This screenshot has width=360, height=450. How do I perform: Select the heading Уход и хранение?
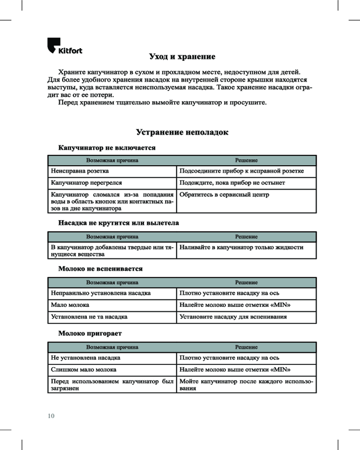pyautogui.click(x=182, y=57)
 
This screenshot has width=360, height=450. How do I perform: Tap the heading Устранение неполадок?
pyautogui.click(x=182, y=133)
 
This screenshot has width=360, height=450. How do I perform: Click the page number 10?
pyautogui.click(x=51, y=416)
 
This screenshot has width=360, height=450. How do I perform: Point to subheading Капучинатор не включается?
pyautogui.click(x=107, y=148)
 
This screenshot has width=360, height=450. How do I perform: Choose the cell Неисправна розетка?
pyautogui.click(x=80, y=171)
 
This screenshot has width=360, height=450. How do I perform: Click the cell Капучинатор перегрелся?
pyautogui.click(x=86, y=183)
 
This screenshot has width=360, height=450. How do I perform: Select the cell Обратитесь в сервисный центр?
pyautogui.click(x=224, y=195)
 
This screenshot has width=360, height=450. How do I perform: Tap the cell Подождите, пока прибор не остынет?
pyautogui.click(x=232, y=183)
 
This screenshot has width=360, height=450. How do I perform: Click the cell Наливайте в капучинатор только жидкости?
pyautogui.click(x=241, y=247)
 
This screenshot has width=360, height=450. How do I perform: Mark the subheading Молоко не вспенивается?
pyautogui.click(x=101, y=269)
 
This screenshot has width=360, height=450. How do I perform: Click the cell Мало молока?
pyautogui.click(x=70, y=305)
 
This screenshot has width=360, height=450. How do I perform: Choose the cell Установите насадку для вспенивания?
pyautogui.click(x=233, y=317)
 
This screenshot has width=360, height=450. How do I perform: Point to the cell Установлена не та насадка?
pyautogui.click(x=89, y=317)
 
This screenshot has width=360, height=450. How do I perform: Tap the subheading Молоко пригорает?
pyautogui.click(x=90, y=333)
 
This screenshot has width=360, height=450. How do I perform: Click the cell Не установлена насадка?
pyautogui.click(x=85, y=358)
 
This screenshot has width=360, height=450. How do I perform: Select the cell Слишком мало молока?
pyautogui.click(x=84, y=369)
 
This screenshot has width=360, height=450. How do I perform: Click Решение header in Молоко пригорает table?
pyautogui.click(x=246, y=347)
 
